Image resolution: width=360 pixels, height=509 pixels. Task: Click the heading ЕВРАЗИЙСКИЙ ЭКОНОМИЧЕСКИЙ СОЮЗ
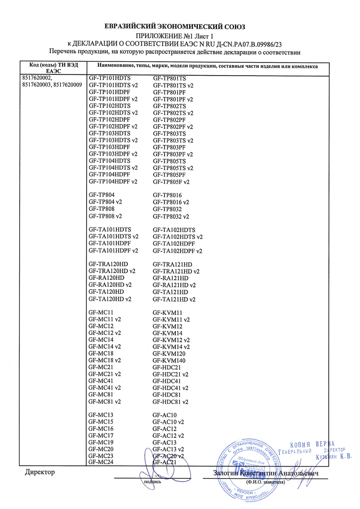click(180, 26)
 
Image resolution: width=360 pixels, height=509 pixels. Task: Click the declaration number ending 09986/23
click(243, 44)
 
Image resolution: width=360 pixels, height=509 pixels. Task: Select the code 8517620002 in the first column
click(36, 78)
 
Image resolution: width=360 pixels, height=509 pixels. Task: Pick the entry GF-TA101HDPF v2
click(113, 251)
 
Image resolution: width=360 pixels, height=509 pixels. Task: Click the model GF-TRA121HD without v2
click(172, 265)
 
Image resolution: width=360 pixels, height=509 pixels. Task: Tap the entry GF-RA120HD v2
click(110, 285)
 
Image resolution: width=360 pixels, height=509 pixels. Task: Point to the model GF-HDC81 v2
click(171, 401)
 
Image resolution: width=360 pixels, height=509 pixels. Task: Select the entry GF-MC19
click(101, 442)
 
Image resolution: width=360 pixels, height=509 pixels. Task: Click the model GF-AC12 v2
click(168, 436)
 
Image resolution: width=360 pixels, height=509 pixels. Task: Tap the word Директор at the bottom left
click(40, 473)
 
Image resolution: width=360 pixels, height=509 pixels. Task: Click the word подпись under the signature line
click(153, 481)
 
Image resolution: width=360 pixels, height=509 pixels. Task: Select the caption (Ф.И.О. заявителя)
click(266, 481)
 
